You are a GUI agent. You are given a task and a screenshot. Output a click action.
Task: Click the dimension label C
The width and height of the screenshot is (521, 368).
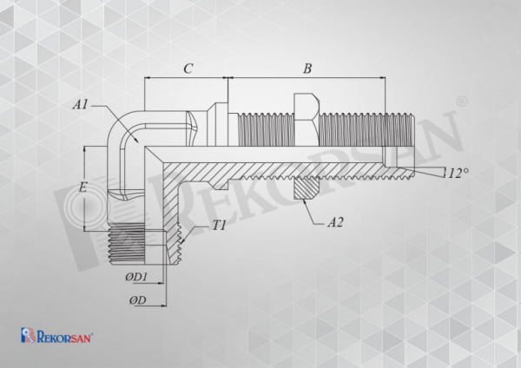click(188, 69)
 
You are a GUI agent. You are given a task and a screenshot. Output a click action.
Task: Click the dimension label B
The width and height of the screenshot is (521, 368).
click(307, 69)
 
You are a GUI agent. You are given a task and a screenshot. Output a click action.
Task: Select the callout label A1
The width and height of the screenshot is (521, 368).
click(81, 105)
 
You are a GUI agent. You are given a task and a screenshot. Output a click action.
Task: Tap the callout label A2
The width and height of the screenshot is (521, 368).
click(335, 222)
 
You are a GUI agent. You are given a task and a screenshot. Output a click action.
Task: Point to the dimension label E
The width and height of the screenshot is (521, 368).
click(82, 187)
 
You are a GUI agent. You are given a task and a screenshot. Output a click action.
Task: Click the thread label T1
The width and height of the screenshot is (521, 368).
click(219, 226)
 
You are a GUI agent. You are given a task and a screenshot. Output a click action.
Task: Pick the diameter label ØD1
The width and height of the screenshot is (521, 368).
click(136, 277)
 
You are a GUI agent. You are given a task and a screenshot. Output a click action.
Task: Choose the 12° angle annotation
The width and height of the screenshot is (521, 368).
click(458, 173)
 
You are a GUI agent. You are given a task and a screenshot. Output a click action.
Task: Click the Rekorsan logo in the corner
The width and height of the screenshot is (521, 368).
click(56, 335)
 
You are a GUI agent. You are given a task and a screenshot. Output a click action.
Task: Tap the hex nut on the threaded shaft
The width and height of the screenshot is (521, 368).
click(307, 120)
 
